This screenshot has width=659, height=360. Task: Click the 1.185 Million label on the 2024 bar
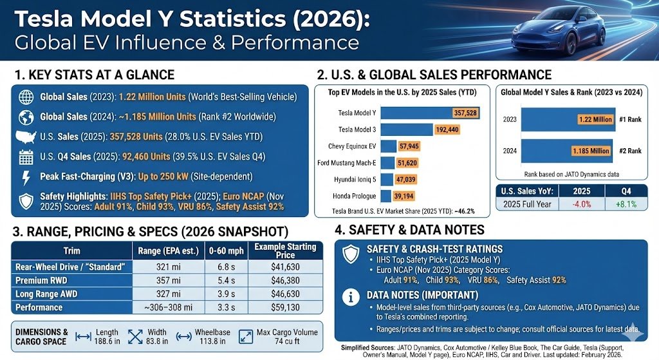tap(590, 151)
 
